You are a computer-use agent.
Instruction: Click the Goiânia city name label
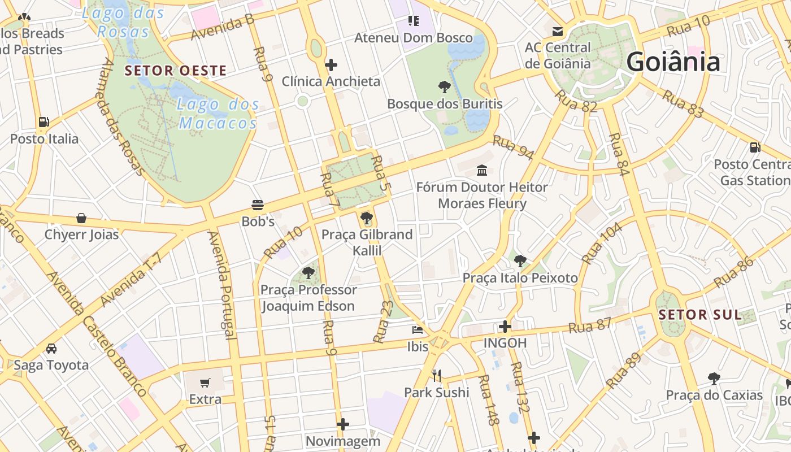point(673,62)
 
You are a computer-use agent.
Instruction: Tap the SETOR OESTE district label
point(175,71)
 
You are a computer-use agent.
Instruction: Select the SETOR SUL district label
point(700,315)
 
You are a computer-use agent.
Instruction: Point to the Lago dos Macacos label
point(218,114)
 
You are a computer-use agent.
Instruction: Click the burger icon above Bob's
point(258,205)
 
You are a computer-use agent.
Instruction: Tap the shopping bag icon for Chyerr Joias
point(81,218)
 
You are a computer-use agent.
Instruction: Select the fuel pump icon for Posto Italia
point(44,122)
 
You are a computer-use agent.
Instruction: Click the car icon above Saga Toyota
point(51,348)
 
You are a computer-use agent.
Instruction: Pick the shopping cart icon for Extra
point(205,383)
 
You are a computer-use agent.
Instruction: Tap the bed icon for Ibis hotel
point(418,329)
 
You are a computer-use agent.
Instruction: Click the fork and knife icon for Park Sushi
point(436,375)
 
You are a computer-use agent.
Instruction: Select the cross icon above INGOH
point(505,326)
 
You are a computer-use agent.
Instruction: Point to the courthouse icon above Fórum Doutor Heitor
point(482,170)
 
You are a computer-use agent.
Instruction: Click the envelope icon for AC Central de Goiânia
point(558,31)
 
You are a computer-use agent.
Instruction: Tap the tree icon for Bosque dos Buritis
point(445,87)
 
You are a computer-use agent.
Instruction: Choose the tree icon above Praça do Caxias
point(714,378)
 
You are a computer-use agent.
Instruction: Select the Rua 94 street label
point(513,147)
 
